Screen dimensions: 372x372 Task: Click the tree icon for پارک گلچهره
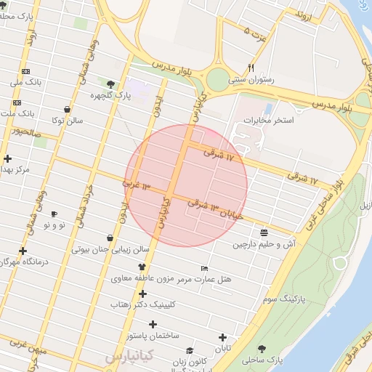coord(110,84)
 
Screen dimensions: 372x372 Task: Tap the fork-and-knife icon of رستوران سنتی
coord(251,68)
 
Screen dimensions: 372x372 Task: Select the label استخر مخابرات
coord(269,120)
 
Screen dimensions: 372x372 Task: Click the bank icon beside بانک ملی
coord(26,71)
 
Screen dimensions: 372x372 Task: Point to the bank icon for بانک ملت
coord(17,102)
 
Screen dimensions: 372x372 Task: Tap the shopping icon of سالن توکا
coord(67,110)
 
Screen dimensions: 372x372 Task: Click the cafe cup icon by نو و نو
coord(54,214)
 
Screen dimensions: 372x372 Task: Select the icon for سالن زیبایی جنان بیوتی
coord(110,238)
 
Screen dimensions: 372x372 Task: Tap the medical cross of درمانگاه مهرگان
coord(23,251)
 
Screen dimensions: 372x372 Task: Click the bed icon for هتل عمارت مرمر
coord(203,268)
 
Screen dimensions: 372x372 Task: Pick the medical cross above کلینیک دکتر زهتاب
coord(142,294)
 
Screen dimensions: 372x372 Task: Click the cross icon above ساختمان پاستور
coord(153,324)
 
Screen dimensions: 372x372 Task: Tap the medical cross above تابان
coord(222,337)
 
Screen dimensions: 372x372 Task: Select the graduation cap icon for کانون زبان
coord(189,349)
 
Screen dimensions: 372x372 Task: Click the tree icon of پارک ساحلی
coord(262,349)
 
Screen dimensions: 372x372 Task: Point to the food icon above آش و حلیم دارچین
coord(263,232)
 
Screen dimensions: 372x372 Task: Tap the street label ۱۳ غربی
coord(136,186)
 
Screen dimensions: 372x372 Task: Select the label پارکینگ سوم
coord(280,298)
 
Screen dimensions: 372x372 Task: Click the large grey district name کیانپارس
coord(129,357)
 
